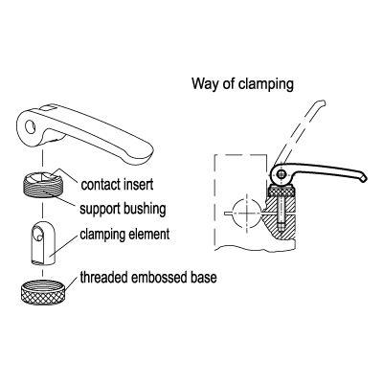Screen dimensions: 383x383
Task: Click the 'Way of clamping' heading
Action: click(242, 84)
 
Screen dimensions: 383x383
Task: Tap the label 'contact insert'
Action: click(117, 185)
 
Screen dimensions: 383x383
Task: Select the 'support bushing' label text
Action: click(123, 209)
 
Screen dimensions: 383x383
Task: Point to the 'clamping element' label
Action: click(124, 235)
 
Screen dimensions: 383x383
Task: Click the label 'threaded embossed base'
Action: click(148, 278)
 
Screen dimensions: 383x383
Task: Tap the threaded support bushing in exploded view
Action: click(42, 186)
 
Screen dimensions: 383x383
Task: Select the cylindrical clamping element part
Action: click(43, 243)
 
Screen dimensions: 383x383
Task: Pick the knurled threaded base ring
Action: click(42, 293)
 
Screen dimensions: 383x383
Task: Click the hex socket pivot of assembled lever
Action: click(282, 174)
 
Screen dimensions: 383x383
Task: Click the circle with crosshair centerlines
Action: click(247, 214)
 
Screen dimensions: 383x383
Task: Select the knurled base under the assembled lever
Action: click(282, 191)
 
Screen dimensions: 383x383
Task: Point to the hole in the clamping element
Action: click(38, 234)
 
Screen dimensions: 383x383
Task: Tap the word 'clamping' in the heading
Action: click(266, 85)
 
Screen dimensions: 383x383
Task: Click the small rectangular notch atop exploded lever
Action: click(48, 109)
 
